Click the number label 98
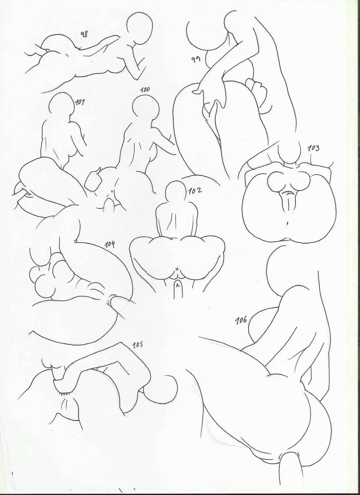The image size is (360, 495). [84, 35]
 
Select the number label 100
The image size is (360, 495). [145, 89]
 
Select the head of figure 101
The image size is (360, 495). [61, 104]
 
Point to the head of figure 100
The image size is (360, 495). [145, 109]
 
